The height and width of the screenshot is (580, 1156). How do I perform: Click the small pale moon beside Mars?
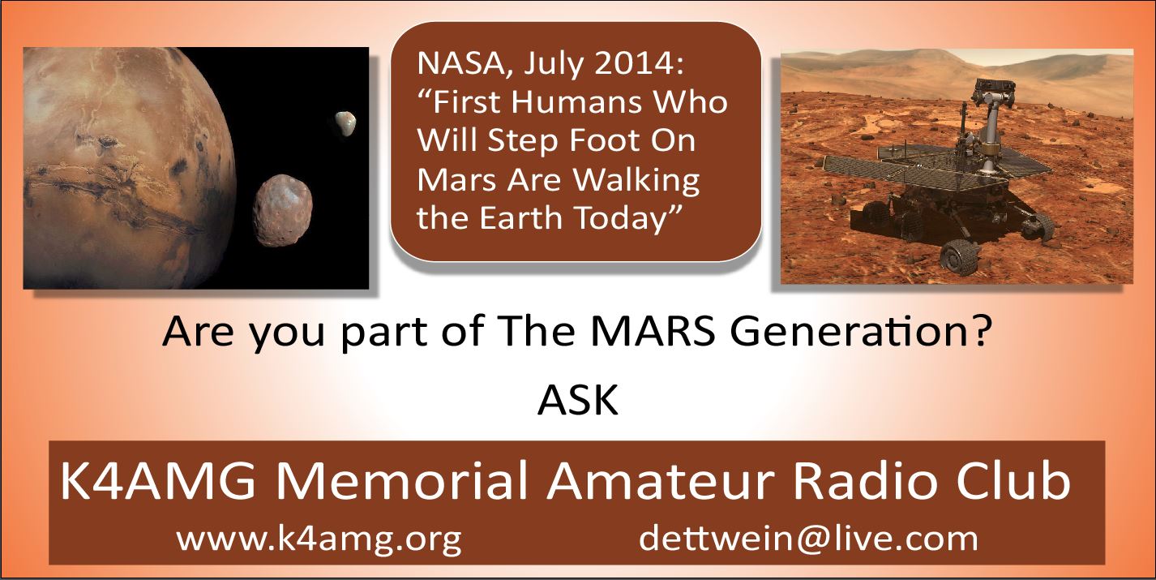click(x=345, y=123)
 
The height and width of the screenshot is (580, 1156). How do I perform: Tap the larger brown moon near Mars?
click(x=283, y=211)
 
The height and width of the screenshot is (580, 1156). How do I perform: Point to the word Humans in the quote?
click(x=576, y=102)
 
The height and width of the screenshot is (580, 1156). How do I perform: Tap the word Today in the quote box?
click(x=621, y=219)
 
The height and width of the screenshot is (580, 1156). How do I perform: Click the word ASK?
click(x=578, y=400)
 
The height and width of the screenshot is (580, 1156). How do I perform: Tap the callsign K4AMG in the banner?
click(x=158, y=480)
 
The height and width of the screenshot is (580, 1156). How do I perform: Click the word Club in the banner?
click(x=1013, y=480)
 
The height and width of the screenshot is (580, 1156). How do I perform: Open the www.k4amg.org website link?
click(x=319, y=539)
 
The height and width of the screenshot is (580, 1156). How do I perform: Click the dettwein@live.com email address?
click(x=809, y=539)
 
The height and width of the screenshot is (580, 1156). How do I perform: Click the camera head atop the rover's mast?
click(x=987, y=88)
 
